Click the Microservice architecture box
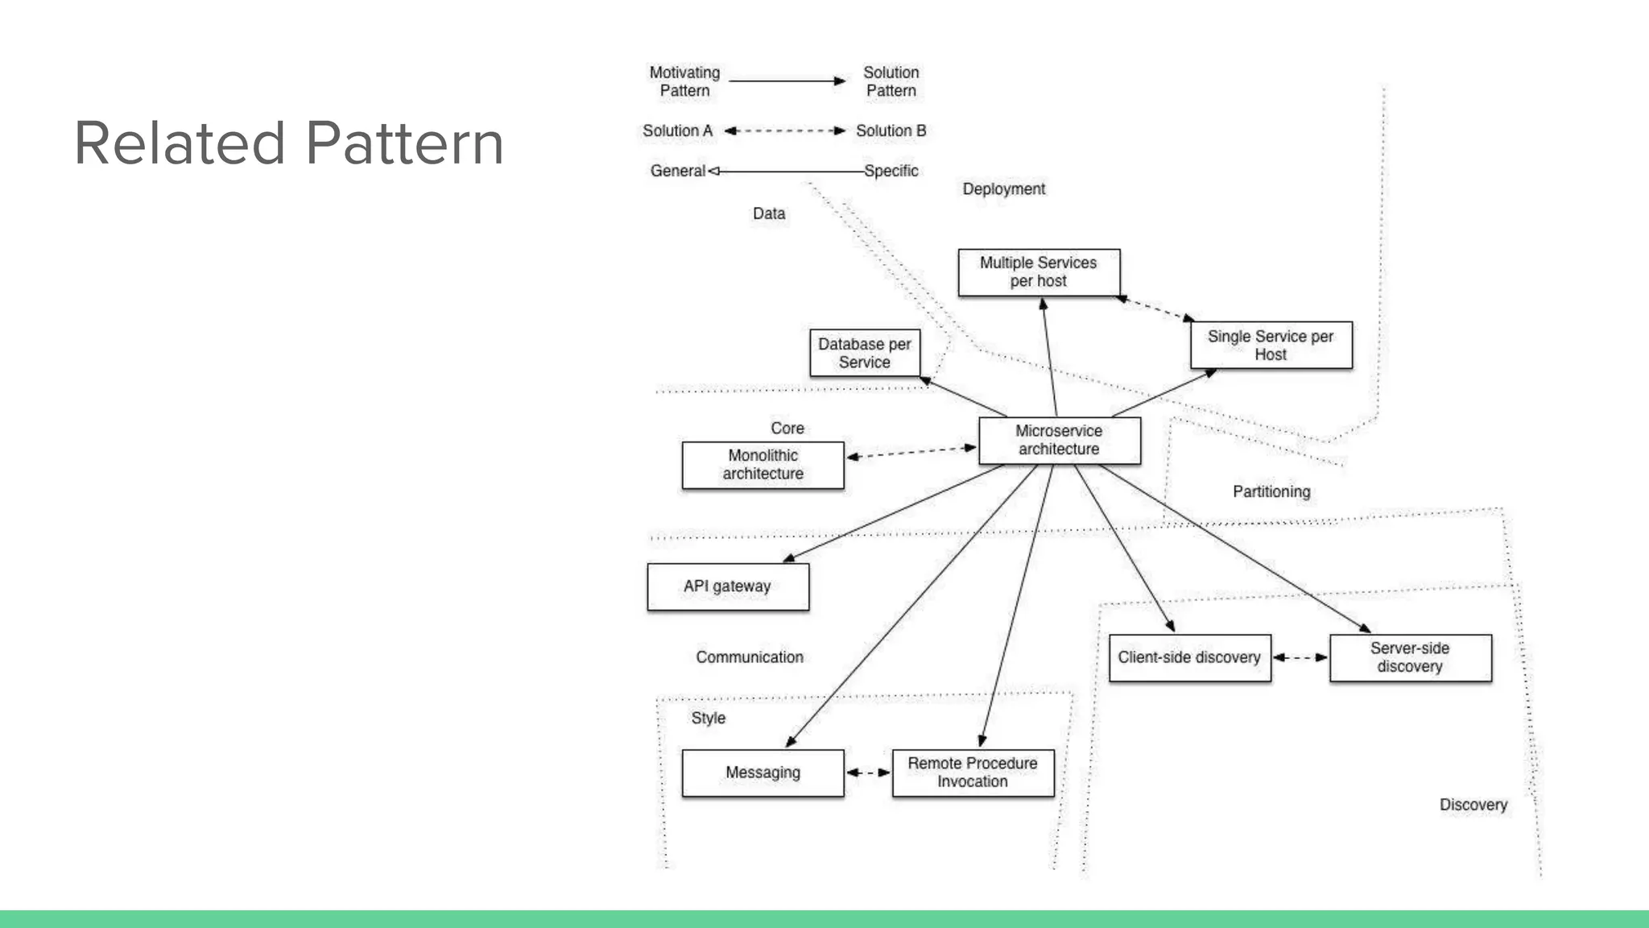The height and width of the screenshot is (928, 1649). pos(1059,440)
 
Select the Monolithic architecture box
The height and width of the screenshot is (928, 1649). pos(763,465)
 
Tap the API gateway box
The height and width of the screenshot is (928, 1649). pos(727,586)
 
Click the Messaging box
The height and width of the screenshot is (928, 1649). pos(763,773)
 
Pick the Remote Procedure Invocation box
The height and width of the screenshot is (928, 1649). pos(973,773)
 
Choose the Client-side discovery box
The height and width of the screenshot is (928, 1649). pos(1189,657)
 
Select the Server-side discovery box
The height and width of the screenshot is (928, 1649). pos(1410,657)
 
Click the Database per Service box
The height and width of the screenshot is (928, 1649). pos(864,353)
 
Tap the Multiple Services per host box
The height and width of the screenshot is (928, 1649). pos(1038,272)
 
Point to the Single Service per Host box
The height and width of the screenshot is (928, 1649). pos(1271,345)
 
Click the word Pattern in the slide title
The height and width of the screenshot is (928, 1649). pos(405,143)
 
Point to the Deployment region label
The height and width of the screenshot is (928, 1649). pos(1003,188)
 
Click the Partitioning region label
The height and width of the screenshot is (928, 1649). pos(1271,491)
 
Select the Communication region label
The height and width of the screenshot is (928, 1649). pos(750,657)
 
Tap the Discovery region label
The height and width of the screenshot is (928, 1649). pos(1473,805)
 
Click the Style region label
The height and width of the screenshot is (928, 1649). pos(708,718)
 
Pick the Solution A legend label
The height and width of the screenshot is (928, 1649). pos(677,130)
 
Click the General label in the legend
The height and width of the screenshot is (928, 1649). pos(677,171)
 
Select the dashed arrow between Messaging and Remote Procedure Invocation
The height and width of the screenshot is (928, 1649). pos(868,773)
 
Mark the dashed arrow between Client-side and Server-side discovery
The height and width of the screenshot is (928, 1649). pos(1300,657)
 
